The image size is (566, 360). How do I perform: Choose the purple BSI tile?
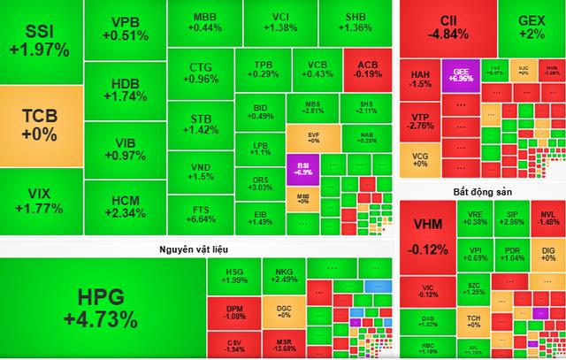click(302, 168)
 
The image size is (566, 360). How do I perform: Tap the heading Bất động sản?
click(483, 191)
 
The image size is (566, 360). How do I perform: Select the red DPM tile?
click(235, 310)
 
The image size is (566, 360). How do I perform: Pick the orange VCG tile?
click(421, 160)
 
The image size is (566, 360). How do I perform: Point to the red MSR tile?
click(284, 342)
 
